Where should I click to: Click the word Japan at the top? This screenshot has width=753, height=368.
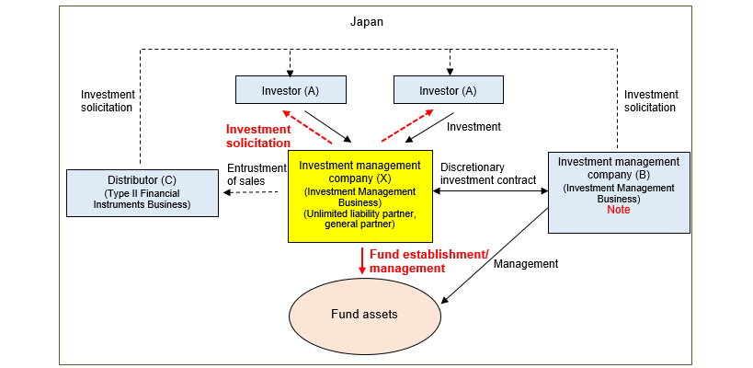tap(366, 21)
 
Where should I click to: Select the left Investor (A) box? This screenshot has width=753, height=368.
tap(291, 89)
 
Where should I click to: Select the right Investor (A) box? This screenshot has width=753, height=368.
tap(449, 89)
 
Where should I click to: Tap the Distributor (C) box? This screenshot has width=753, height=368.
tap(143, 192)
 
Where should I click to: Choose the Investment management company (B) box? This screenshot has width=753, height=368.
tap(618, 192)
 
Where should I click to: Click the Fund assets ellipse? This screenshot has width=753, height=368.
tap(364, 315)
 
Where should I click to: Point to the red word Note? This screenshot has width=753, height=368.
tap(618, 210)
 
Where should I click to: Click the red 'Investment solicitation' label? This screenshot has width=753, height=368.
tap(258, 136)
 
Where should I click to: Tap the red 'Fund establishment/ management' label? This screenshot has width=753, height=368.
tap(408, 260)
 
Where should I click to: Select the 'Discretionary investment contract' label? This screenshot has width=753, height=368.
tap(487, 174)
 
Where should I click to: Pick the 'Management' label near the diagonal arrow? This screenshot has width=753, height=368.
tap(526, 264)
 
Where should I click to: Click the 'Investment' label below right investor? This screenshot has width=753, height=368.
tap(473, 126)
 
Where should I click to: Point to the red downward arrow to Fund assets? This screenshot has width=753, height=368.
tap(362, 260)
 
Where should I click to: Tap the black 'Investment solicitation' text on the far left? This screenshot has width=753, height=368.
tap(108, 100)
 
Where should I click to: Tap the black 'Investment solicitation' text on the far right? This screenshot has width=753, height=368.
tap(651, 100)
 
